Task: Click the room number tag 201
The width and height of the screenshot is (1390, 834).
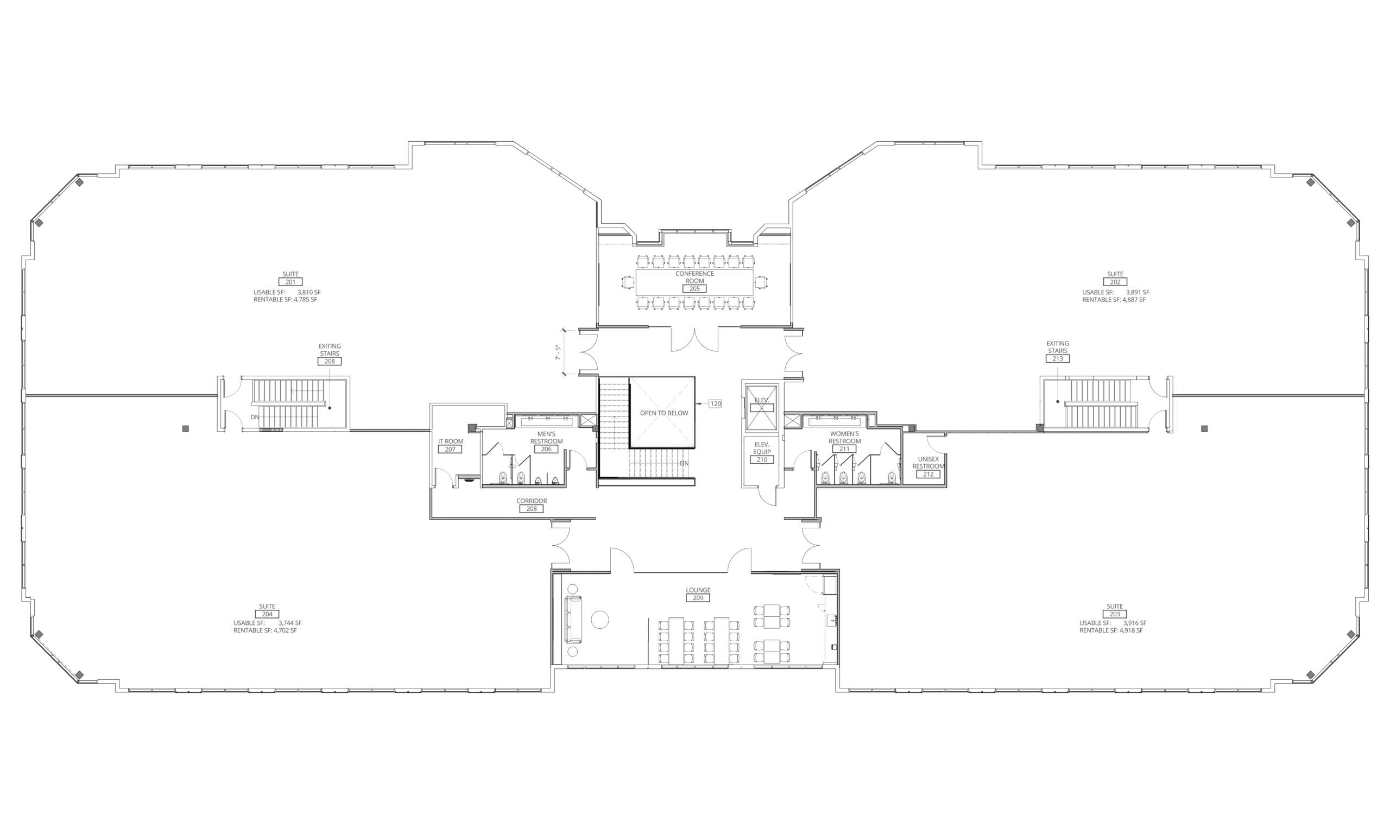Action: click(x=290, y=282)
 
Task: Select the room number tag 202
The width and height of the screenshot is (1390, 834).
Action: click(x=1115, y=282)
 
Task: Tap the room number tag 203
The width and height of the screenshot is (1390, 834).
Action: click(x=1115, y=614)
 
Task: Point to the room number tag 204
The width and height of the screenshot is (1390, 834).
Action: click(x=268, y=614)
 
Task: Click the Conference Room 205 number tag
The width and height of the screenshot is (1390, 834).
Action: click(x=695, y=289)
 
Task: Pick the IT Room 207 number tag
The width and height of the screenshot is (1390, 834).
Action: click(x=450, y=449)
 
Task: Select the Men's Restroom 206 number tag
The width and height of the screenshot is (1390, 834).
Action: click(x=546, y=449)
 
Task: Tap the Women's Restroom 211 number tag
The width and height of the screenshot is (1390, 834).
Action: click(x=844, y=449)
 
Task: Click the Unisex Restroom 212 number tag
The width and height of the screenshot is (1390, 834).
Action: click(x=928, y=475)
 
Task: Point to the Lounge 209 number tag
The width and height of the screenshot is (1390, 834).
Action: click(x=698, y=598)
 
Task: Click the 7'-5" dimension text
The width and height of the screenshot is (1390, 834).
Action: click(x=559, y=352)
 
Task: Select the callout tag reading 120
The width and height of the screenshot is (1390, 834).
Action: click(x=715, y=403)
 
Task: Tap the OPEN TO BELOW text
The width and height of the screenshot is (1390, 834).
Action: click(x=664, y=413)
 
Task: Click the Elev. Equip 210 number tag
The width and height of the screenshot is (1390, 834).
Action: click(x=762, y=460)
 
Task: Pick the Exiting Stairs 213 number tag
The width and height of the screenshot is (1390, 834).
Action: click(x=1057, y=358)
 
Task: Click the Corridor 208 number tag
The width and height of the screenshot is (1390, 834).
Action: click(x=532, y=509)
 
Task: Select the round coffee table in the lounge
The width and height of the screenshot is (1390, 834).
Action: click(x=600, y=620)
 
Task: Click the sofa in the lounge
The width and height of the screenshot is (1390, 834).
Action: click(x=573, y=620)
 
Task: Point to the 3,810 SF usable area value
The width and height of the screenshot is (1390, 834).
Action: click(x=309, y=293)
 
